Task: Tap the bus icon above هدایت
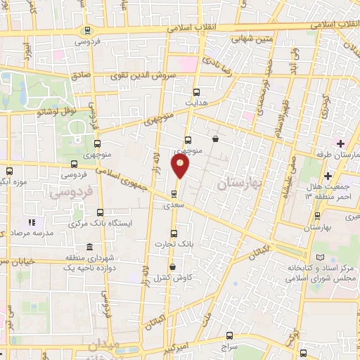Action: click(x=196, y=91)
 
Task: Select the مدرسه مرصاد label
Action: click(x=25, y=233)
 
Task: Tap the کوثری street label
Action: click(x=325, y=107)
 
